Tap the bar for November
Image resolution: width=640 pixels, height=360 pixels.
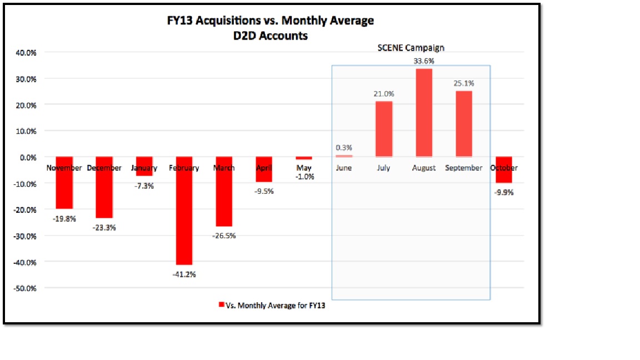tap(64, 183)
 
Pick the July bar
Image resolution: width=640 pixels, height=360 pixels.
tap(383, 129)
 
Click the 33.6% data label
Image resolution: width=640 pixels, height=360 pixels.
tap(423, 61)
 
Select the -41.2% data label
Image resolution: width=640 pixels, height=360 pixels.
tap(184, 274)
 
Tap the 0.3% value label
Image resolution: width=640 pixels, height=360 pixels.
tap(344, 148)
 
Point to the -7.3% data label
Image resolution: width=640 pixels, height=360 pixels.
tap(143, 186)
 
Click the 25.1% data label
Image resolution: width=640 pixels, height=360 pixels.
tap(463, 83)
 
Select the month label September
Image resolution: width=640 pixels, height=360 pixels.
tap(463, 168)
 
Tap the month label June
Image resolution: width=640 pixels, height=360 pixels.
tap(344, 168)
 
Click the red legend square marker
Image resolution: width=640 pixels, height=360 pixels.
tap(221, 305)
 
